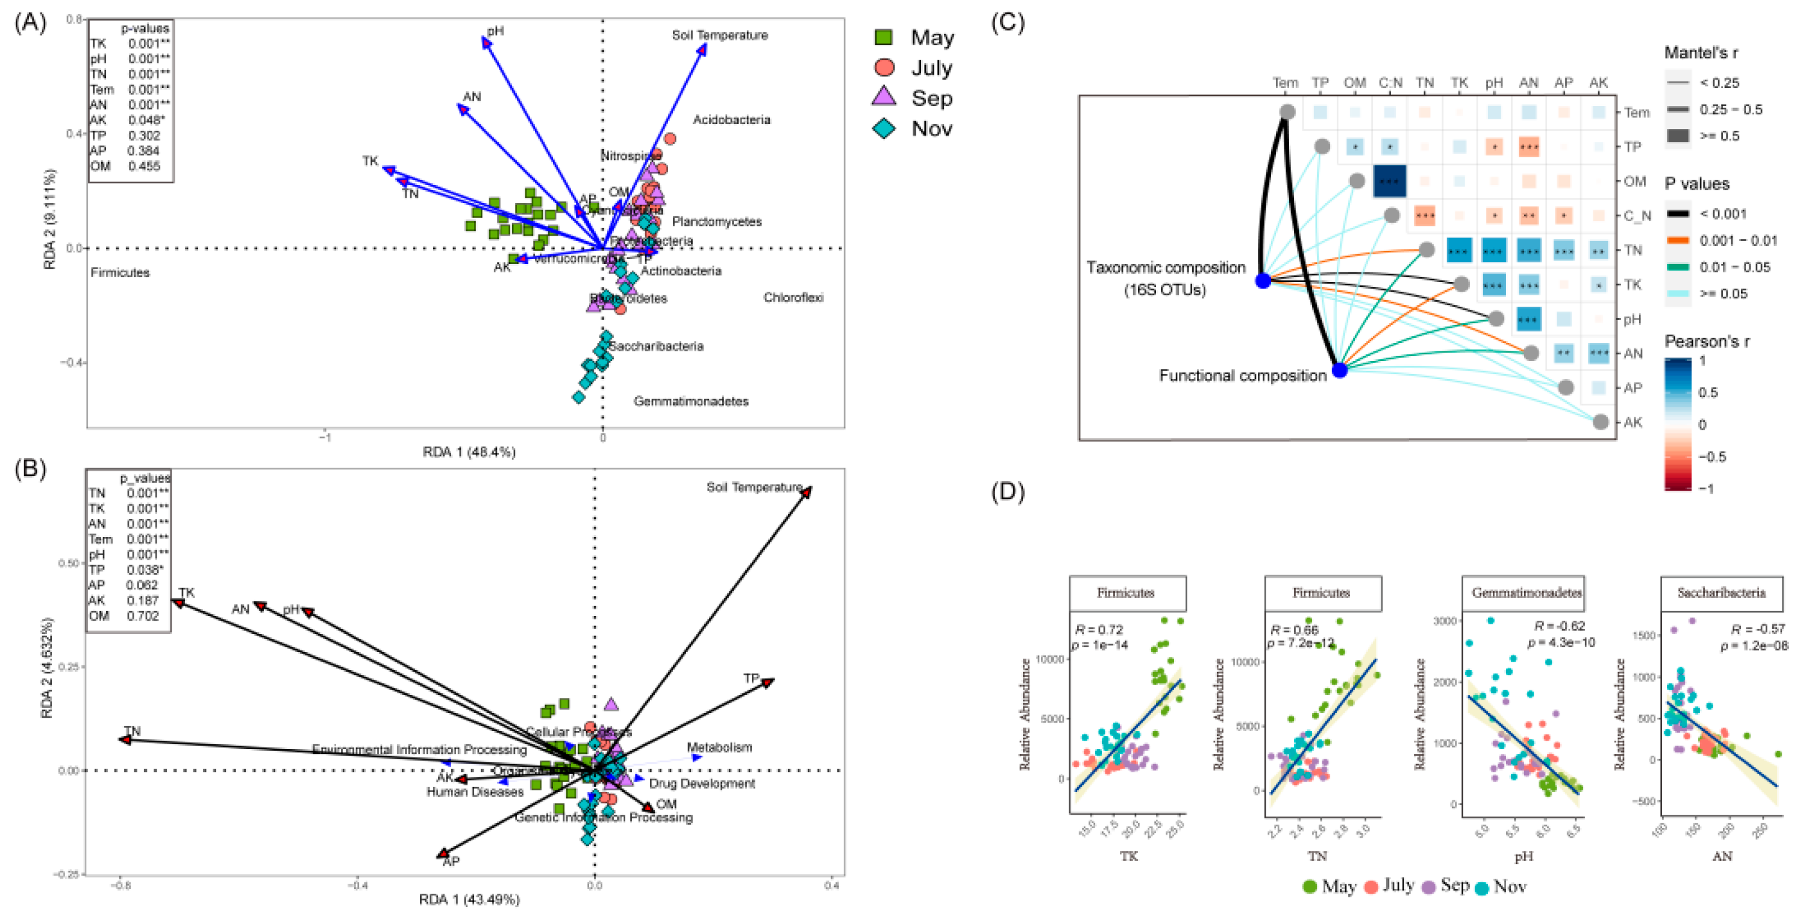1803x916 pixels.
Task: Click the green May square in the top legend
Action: [x=884, y=37]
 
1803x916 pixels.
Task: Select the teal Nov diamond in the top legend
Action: [x=884, y=129]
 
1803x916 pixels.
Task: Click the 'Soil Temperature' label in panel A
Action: [x=719, y=35]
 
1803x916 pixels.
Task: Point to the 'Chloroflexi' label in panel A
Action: [x=793, y=298]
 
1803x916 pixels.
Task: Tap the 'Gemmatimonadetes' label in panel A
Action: [x=691, y=401]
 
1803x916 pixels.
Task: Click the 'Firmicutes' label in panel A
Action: [x=120, y=272]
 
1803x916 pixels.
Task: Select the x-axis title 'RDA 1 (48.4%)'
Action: [x=469, y=453]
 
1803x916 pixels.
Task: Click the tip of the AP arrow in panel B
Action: [x=442, y=854]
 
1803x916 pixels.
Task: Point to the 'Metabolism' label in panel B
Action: [x=719, y=748]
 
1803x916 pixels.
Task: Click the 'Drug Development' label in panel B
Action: [x=701, y=783]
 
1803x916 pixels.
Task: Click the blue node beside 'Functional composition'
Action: [x=1339, y=370]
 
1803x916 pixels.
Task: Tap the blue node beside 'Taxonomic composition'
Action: [x=1263, y=281]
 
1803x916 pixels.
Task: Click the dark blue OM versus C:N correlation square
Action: [x=1389, y=181]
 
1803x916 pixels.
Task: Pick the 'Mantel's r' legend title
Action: [x=1700, y=52]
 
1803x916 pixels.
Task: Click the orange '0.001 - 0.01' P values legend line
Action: [x=1678, y=241]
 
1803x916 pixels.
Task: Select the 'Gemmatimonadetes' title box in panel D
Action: [x=1525, y=593]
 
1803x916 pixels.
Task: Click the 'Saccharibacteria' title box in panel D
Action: [x=1721, y=593]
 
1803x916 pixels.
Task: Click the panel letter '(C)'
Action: [x=1008, y=22]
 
